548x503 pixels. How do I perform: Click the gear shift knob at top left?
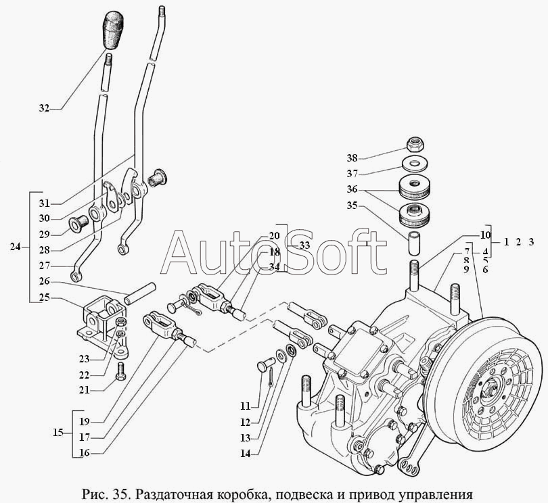[x=113, y=30]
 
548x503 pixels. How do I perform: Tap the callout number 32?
[x=44, y=108]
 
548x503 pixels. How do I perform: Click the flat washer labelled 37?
[x=415, y=164]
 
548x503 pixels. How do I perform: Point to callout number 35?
[x=352, y=206]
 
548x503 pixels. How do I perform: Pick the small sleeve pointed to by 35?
[x=415, y=241]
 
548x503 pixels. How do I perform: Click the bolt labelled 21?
[x=120, y=371]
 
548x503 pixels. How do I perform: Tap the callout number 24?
[x=15, y=247]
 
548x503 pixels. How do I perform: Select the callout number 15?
[x=58, y=433]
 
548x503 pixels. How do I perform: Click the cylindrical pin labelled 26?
[x=140, y=294]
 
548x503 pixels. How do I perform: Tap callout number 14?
[x=246, y=453]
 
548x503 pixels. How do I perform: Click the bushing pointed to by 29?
[x=77, y=224]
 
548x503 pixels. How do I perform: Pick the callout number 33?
[x=304, y=245]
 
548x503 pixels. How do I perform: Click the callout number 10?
[x=486, y=235]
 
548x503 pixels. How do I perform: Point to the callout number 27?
[x=45, y=266]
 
